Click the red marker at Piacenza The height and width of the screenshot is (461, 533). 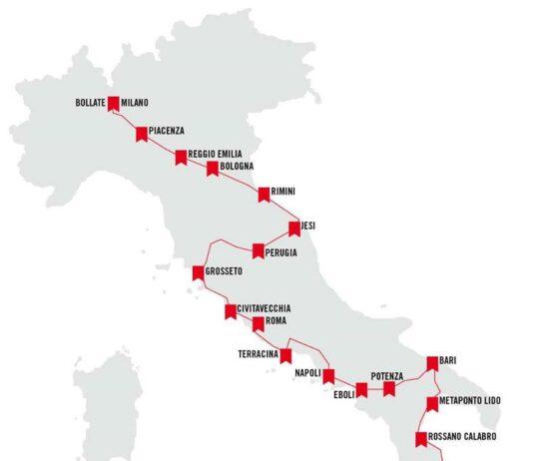tap(142, 132)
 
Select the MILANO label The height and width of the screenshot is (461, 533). tap(135, 102)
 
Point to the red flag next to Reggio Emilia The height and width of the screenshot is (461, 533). tap(181, 156)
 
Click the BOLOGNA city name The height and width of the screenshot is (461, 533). tap(237, 166)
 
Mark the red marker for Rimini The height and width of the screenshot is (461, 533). tap(264, 193)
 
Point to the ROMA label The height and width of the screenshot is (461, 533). tap(276, 322)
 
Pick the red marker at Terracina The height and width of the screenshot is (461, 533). tap(285, 355)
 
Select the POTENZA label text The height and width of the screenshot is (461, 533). tap(386, 375)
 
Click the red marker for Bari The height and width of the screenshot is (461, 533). tap(432, 362)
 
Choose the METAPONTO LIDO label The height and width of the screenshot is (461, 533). tap(470, 401)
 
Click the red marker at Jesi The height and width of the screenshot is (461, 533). tap(294, 228)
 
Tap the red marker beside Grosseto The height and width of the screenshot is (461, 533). tap(198, 271)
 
